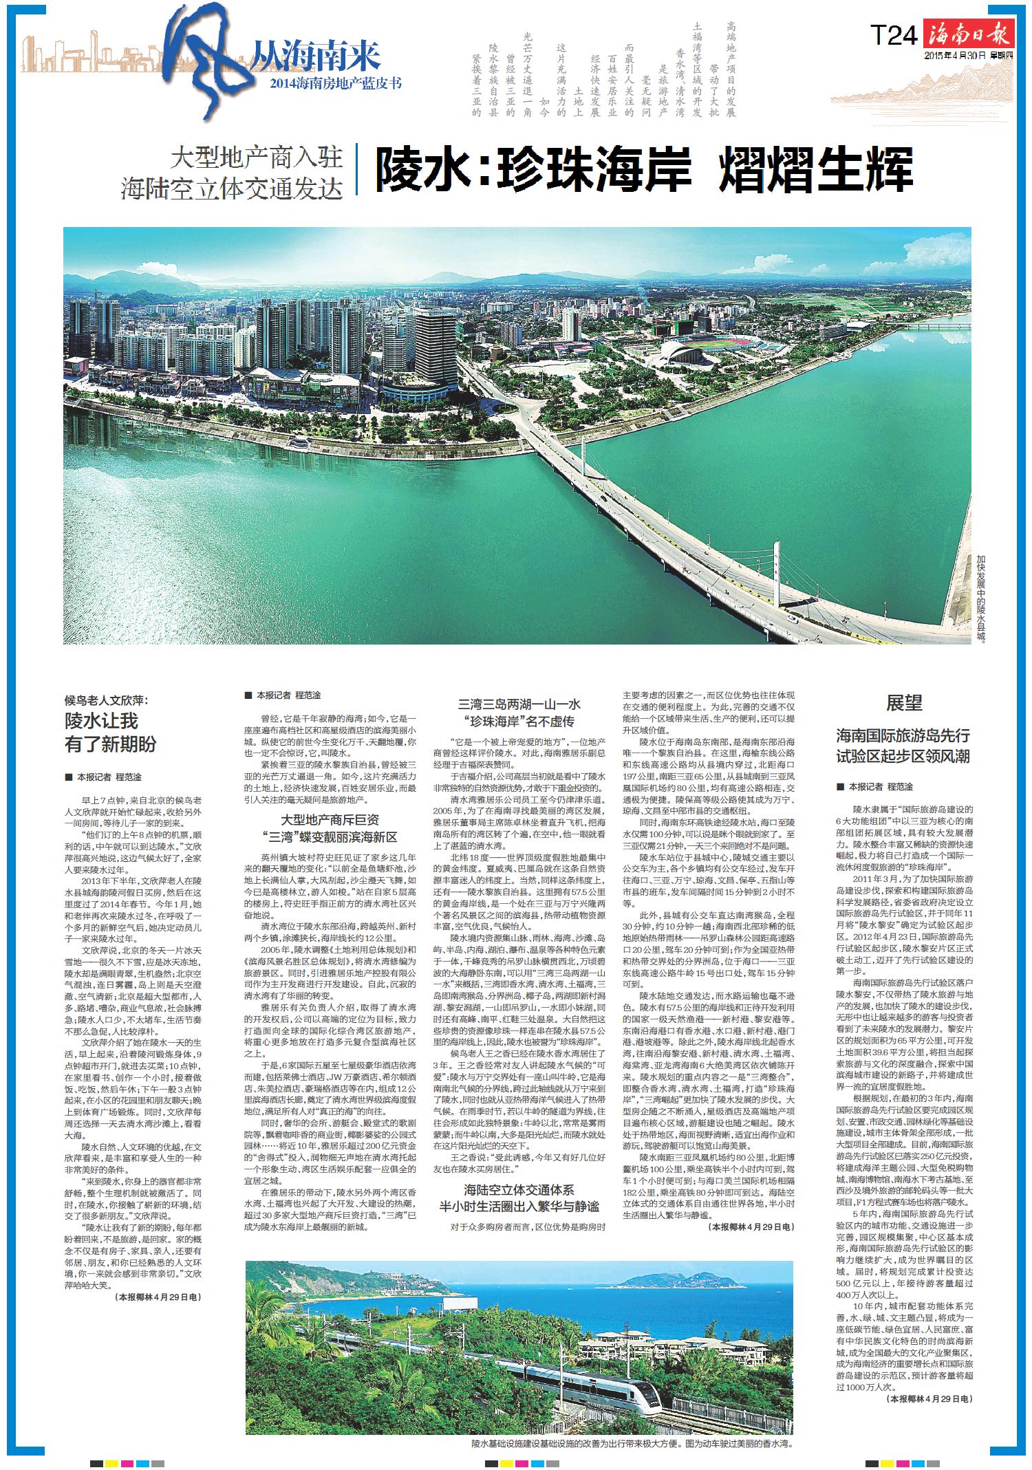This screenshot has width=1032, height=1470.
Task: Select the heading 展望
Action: coord(903,703)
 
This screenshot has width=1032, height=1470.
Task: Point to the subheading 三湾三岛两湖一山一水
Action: coord(519,704)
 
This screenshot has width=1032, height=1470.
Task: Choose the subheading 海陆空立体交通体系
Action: coord(519,1189)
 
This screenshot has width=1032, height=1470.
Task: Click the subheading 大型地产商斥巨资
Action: coord(330,820)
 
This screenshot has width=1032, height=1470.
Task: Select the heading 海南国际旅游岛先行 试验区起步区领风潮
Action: coord(903,746)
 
